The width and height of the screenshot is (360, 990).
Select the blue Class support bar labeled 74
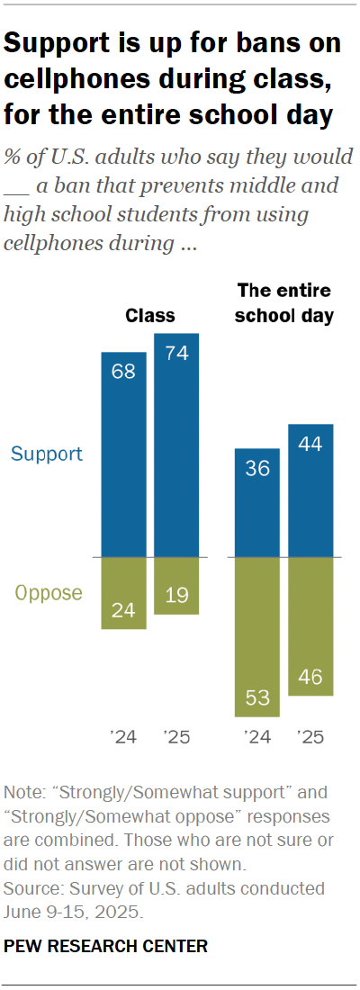pyautogui.click(x=176, y=445)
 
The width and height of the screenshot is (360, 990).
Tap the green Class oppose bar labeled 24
pyautogui.click(x=123, y=593)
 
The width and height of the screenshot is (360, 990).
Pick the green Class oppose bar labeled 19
pyautogui.click(x=176, y=586)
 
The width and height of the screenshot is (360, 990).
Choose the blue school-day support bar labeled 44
pyautogui.click(x=310, y=490)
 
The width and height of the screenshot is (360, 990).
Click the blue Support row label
pyautogui.click(x=47, y=454)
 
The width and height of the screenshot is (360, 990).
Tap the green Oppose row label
pyautogui.click(x=49, y=593)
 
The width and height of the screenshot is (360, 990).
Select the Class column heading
pyautogui.click(x=149, y=316)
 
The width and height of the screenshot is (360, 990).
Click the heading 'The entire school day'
pyautogui.click(x=283, y=303)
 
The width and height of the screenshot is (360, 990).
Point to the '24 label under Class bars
pyautogui.click(x=123, y=738)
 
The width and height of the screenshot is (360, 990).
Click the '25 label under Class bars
pyautogui.click(x=176, y=738)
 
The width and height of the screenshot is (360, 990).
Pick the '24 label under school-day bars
pyautogui.click(x=256, y=738)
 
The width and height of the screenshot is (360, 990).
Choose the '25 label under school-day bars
pyautogui.click(x=310, y=738)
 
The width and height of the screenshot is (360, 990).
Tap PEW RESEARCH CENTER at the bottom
pyautogui.click(x=106, y=946)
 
